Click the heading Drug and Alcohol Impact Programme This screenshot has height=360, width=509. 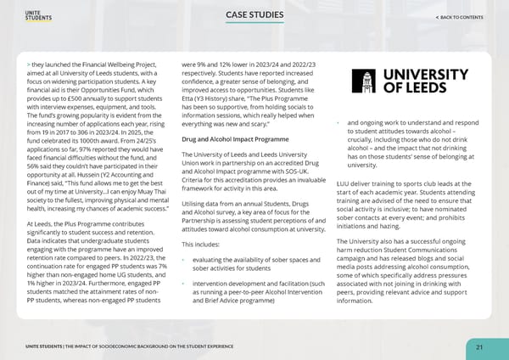click(x=230, y=138)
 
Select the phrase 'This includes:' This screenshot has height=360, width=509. click(x=202, y=245)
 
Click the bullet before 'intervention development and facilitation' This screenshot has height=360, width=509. click(x=184, y=280)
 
